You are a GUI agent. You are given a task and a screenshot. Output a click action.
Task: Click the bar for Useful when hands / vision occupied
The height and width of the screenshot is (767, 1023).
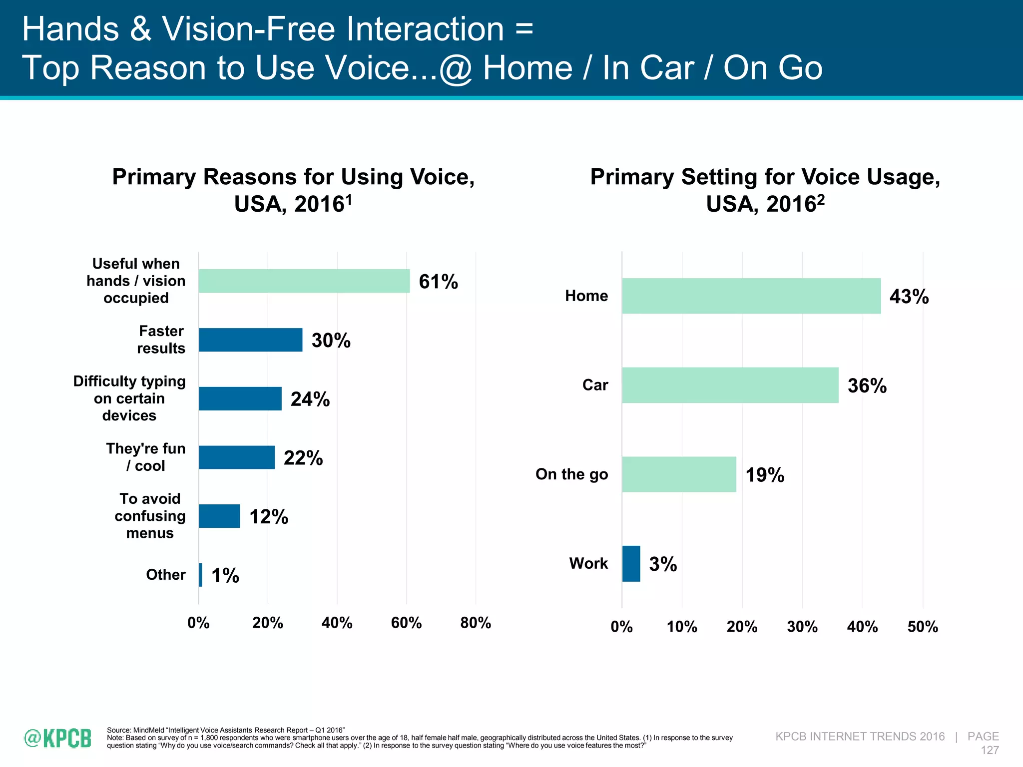coord(304,281)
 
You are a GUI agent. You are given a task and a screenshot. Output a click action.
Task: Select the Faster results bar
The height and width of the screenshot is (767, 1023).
coord(250,340)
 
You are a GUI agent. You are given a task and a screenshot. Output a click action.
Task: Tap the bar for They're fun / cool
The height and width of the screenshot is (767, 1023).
coord(236,457)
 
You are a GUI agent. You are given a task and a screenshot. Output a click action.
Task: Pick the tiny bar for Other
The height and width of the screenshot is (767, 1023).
coord(200,575)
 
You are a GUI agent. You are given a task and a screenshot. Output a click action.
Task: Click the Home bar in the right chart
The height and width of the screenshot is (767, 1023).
coord(751,296)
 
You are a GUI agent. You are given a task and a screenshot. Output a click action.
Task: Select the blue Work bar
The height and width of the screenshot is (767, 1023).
coord(631,563)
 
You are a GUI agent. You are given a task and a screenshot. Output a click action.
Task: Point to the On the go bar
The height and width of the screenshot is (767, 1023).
coord(679,474)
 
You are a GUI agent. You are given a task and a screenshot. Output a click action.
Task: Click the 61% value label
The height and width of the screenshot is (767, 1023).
coord(438,282)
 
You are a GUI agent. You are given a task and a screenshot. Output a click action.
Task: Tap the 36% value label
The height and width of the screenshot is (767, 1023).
coord(867,385)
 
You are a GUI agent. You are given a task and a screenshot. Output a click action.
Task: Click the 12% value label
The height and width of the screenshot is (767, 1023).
coord(269,516)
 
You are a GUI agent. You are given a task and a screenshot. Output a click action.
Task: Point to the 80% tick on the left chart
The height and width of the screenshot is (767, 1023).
coord(475,623)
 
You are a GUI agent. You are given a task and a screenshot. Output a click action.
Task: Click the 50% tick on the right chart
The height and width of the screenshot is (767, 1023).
coord(922,627)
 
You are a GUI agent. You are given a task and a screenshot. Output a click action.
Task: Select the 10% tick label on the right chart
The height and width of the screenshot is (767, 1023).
coord(682,627)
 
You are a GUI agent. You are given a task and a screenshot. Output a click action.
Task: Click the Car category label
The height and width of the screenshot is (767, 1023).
coord(595,385)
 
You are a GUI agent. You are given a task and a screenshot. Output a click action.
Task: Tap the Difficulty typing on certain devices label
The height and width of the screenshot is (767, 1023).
coord(129,398)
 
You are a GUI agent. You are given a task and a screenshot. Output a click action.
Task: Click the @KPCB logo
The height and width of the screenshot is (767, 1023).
coord(58,738)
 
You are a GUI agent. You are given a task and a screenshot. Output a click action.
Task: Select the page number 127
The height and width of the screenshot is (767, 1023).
coord(990,750)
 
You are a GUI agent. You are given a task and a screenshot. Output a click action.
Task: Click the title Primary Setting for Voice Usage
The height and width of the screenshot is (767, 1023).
coord(765,177)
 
